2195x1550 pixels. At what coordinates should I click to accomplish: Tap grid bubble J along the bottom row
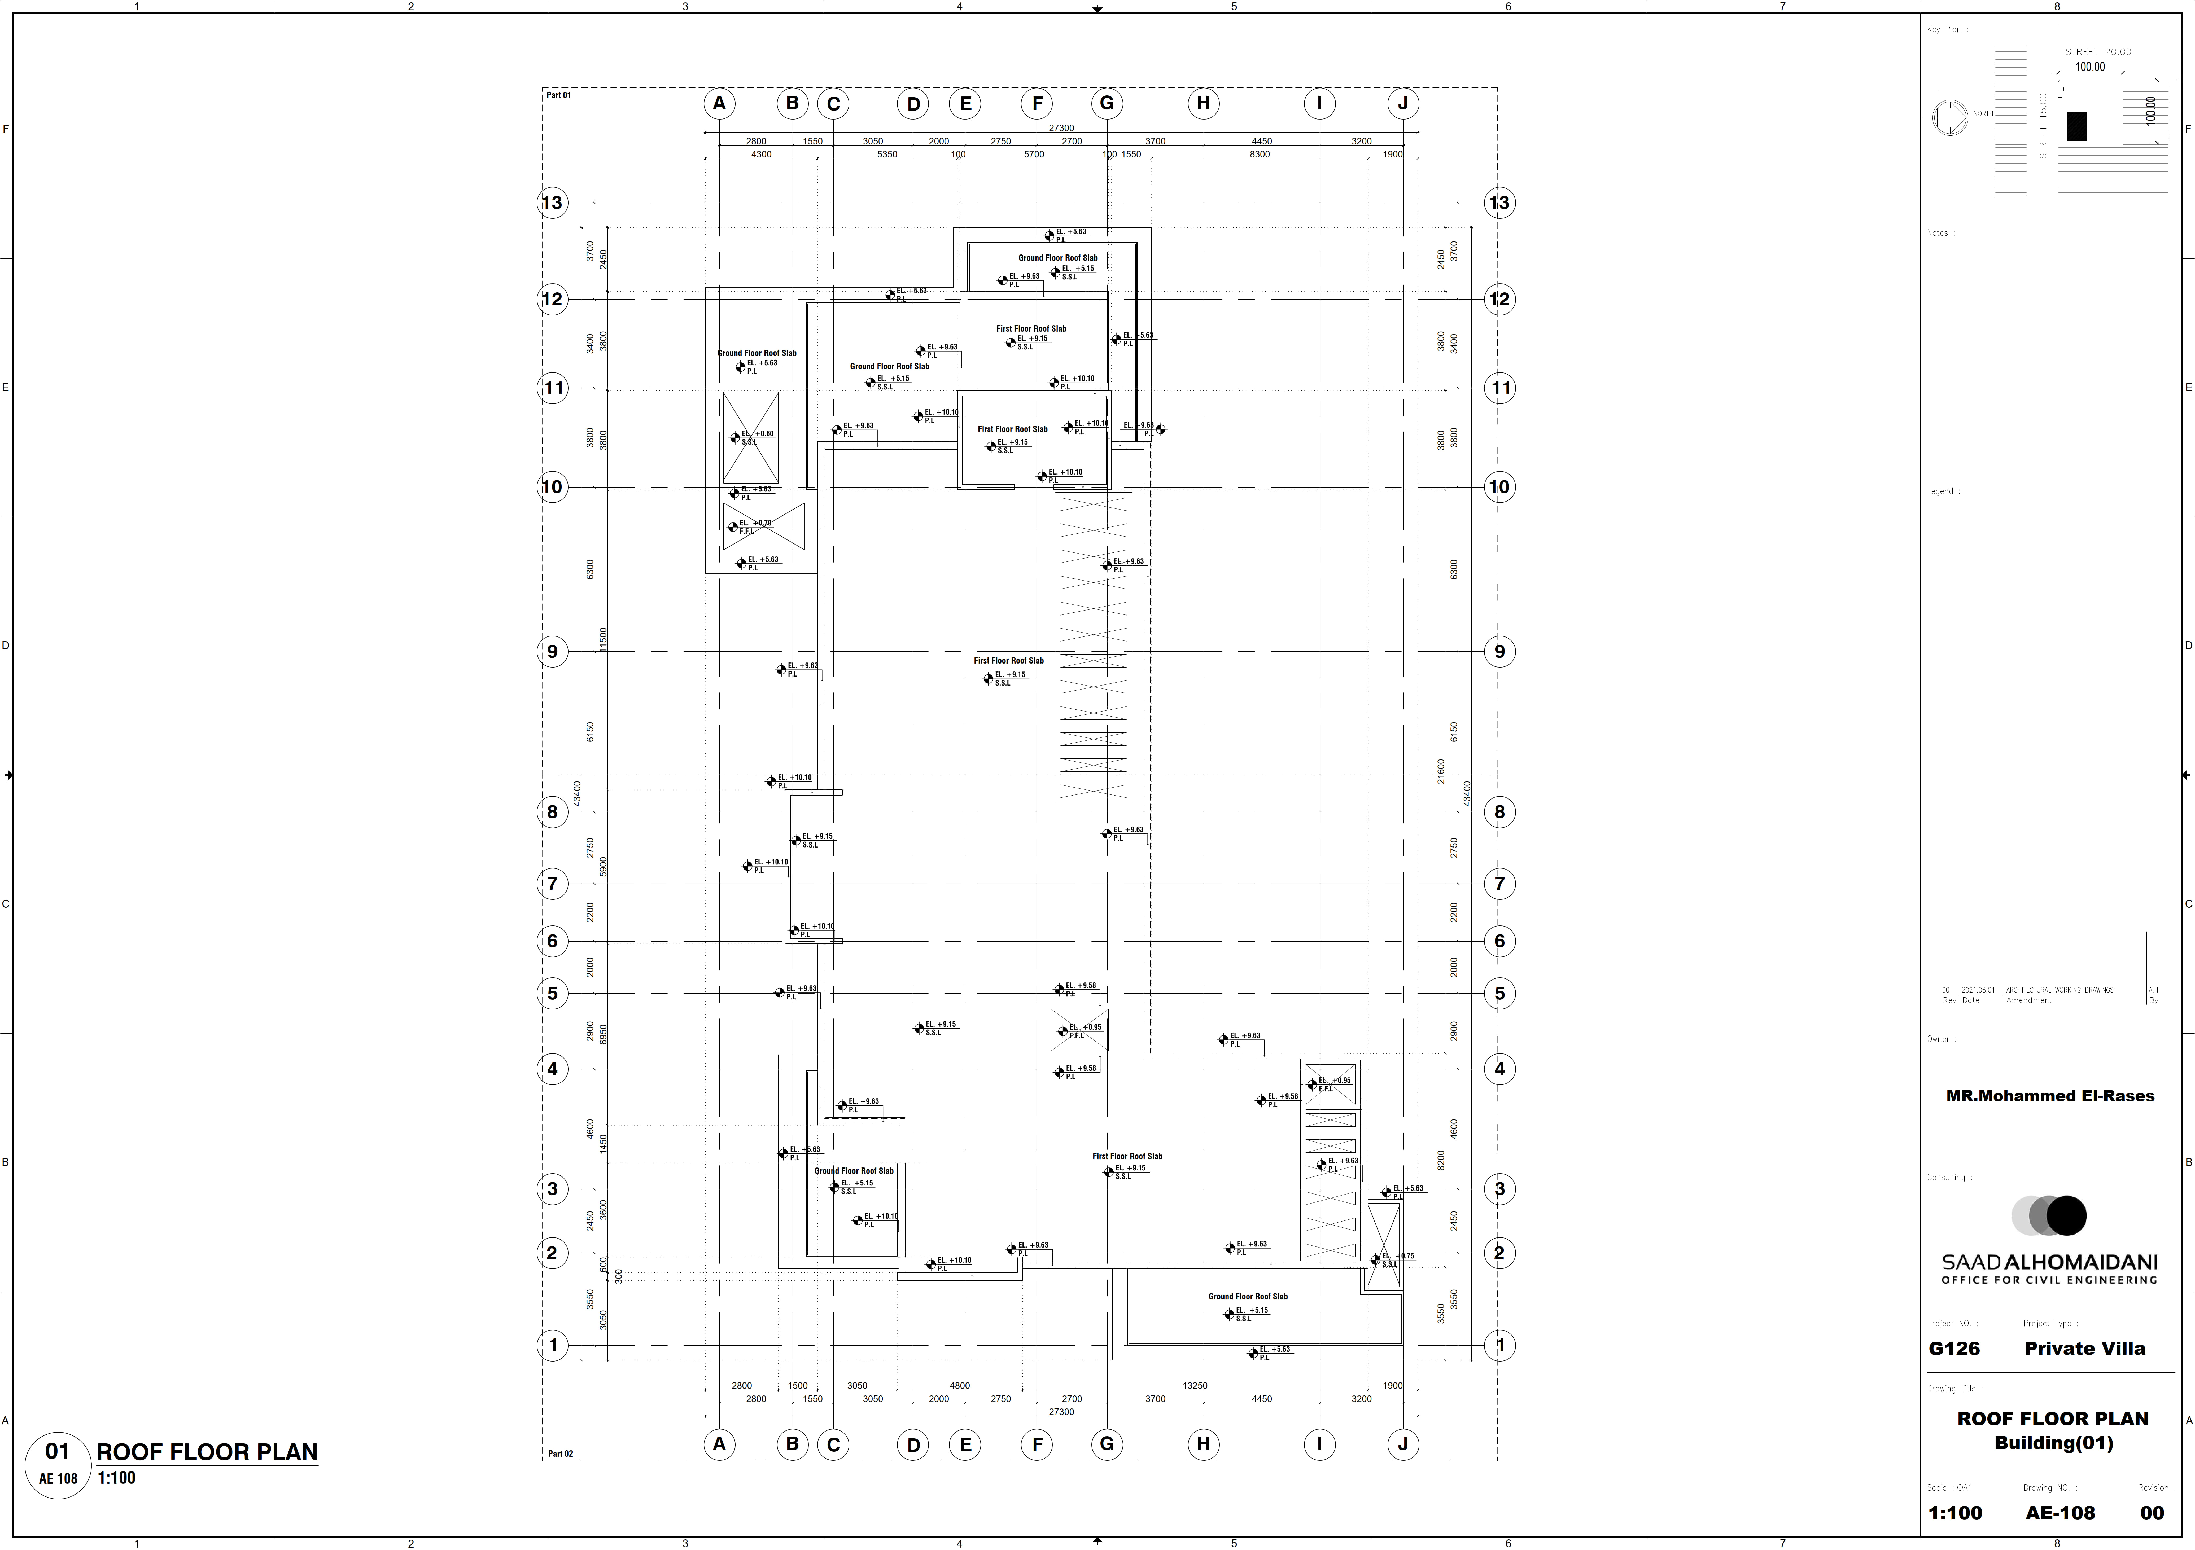(x=1402, y=1444)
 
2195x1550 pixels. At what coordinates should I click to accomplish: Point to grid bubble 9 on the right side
(x=1499, y=652)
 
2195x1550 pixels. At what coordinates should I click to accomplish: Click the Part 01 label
(x=558, y=95)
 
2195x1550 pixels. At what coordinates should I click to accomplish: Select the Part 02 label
(x=560, y=1454)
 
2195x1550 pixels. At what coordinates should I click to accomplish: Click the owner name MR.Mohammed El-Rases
(x=2050, y=1096)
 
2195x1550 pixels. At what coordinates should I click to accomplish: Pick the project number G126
(x=1954, y=1348)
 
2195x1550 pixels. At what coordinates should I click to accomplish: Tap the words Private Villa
(x=2084, y=1348)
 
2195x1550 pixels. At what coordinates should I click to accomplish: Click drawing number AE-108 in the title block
(x=2059, y=1513)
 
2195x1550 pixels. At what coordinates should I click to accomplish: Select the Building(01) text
(x=2053, y=1443)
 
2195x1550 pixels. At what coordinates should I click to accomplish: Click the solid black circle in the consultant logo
(x=2066, y=1215)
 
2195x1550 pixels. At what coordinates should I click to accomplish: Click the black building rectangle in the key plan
(x=2076, y=126)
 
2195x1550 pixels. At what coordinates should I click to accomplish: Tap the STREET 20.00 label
(x=2097, y=52)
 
